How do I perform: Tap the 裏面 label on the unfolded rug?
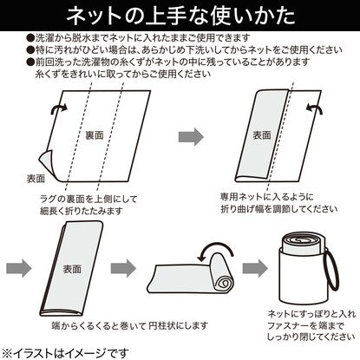point(95,135)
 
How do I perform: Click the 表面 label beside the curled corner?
point(36,179)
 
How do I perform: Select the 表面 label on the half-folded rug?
point(262,135)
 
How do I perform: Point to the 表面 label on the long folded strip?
point(72,269)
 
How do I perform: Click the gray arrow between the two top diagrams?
point(191,136)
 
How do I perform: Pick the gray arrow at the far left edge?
point(19,268)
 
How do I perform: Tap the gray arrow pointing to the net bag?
point(255,268)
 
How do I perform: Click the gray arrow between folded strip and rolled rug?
point(123,268)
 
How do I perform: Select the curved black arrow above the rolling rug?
point(215,245)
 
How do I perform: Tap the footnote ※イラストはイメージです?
point(65,353)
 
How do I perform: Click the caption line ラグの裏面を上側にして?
point(88,199)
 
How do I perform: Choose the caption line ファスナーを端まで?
point(306,325)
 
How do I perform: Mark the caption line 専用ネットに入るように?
point(267,197)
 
